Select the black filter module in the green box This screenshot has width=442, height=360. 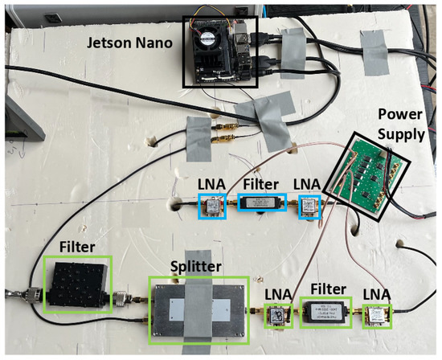(76, 284)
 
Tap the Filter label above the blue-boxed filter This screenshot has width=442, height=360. (260, 183)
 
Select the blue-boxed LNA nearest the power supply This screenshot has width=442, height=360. (309, 207)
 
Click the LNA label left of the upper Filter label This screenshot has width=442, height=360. (212, 183)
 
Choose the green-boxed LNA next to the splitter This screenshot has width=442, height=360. (277, 316)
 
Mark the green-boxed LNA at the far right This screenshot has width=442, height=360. (376, 315)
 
